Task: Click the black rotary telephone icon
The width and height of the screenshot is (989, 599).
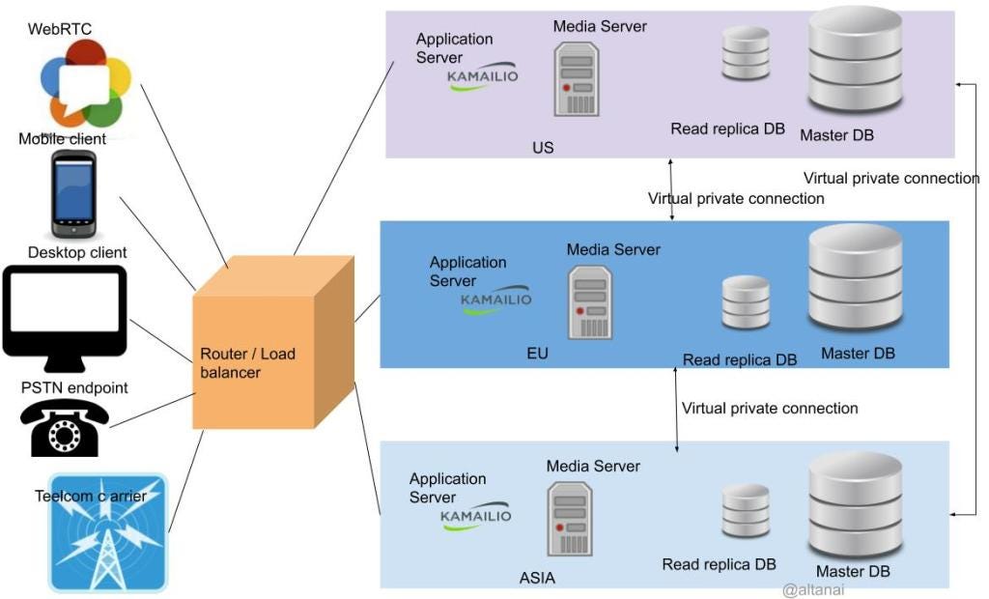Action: pyautogui.click(x=66, y=427)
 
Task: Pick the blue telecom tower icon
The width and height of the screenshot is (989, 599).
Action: pyautogui.click(x=108, y=532)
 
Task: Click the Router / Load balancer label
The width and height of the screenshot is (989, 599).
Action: pyautogui.click(x=247, y=362)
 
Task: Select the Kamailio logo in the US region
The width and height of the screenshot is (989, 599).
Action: pyautogui.click(x=483, y=79)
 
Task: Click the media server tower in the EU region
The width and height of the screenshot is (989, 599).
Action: pyautogui.click(x=590, y=301)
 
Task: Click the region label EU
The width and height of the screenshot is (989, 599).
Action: pyautogui.click(x=538, y=354)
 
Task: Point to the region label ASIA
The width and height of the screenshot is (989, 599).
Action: pyautogui.click(x=537, y=579)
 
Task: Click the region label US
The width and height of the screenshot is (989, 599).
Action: pyautogui.click(x=543, y=148)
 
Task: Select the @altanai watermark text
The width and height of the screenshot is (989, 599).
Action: pyautogui.click(x=813, y=589)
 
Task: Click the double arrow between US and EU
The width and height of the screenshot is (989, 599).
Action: pyautogui.click(x=672, y=189)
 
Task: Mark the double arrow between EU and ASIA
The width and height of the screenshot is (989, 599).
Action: pyautogui.click(x=676, y=409)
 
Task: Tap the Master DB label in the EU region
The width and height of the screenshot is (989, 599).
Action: pyautogui.click(x=858, y=354)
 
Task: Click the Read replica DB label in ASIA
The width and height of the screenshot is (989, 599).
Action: pyautogui.click(x=719, y=564)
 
